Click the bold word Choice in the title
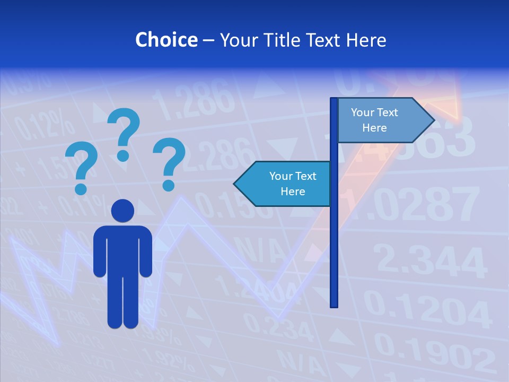pyautogui.click(x=166, y=40)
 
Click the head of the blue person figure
pyautogui.click(x=122, y=211)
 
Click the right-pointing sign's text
pyautogui.click(x=374, y=120)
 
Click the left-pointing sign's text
pyautogui.click(x=293, y=184)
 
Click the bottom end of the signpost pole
pyautogui.click(x=334, y=305)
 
